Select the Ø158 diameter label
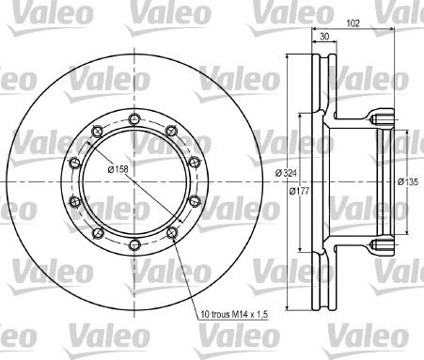point(118,169)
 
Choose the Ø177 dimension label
point(301,192)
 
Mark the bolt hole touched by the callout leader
point(171,233)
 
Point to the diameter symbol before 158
point(109,169)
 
